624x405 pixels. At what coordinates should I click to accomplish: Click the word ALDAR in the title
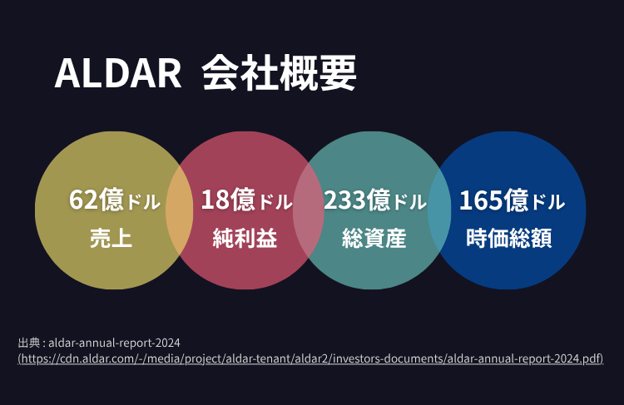click(117, 75)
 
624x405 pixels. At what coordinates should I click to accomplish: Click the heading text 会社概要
click(279, 74)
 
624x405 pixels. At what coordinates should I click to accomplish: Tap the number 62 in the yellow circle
click(83, 200)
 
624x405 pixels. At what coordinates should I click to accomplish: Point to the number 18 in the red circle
click(214, 200)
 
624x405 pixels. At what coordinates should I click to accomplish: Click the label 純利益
click(245, 240)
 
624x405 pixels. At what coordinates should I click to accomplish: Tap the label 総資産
click(374, 240)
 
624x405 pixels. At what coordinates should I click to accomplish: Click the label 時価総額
click(509, 240)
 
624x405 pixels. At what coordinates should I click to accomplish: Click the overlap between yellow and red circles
click(179, 210)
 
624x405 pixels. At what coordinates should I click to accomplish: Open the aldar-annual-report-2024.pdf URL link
click(310, 358)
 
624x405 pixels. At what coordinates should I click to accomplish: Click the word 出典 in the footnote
click(28, 343)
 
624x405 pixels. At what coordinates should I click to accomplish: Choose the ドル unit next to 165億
click(547, 202)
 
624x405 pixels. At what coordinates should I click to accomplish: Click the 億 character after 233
click(379, 200)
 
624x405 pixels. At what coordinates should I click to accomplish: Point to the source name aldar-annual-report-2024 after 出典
click(115, 343)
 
